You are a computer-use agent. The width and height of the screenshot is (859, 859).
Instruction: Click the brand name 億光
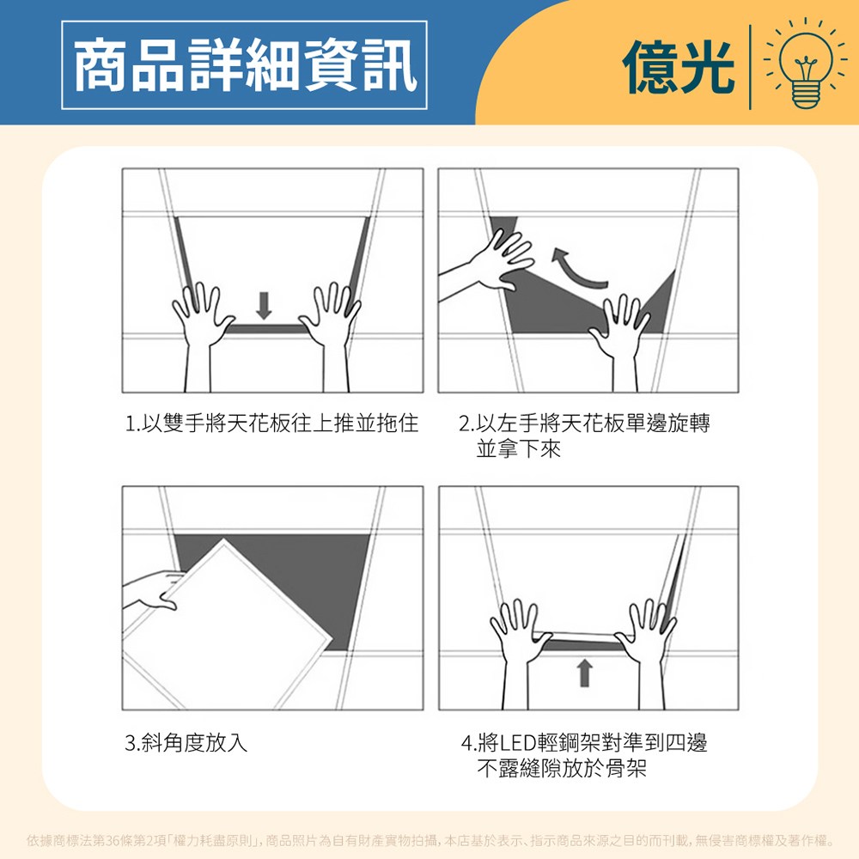[679, 67]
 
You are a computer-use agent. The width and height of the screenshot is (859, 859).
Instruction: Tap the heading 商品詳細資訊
[244, 64]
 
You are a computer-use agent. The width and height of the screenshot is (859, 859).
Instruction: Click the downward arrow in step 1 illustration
[264, 305]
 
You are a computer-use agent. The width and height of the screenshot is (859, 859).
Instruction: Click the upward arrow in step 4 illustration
[584, 673]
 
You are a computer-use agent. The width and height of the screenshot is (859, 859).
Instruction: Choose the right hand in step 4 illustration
[647, 652]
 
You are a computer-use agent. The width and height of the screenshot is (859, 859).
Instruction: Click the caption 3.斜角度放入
[186, 743]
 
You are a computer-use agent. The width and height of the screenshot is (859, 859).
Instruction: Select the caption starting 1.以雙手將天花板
[271, 423]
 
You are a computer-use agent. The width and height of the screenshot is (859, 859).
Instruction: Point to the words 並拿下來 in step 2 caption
[518, 448]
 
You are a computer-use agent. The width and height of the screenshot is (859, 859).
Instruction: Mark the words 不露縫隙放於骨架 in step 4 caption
[562, 769]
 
